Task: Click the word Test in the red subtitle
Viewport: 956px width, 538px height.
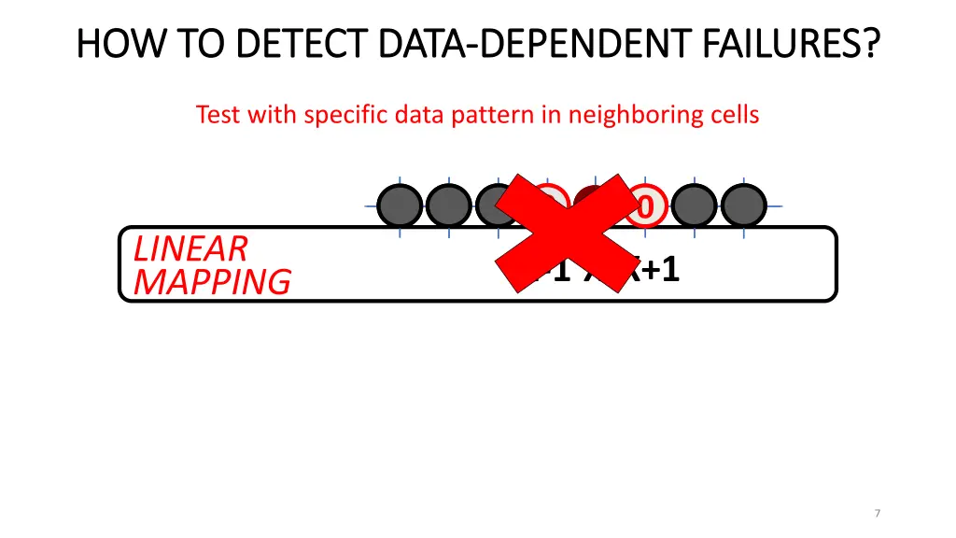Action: click(218, 115)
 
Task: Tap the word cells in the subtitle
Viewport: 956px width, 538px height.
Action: click(733, 115)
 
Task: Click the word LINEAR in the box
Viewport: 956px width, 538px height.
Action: click(190, 248)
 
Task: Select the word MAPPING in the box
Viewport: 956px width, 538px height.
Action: click(212, 281)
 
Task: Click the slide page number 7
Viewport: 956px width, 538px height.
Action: click(878, 513)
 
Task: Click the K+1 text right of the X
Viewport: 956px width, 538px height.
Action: click(654, 270)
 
